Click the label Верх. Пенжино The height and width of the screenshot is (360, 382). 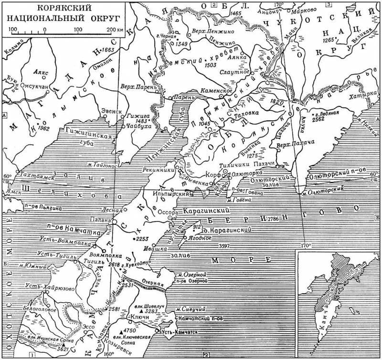[x=209, y=30]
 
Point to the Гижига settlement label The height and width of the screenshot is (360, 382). [x=138, y=116]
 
